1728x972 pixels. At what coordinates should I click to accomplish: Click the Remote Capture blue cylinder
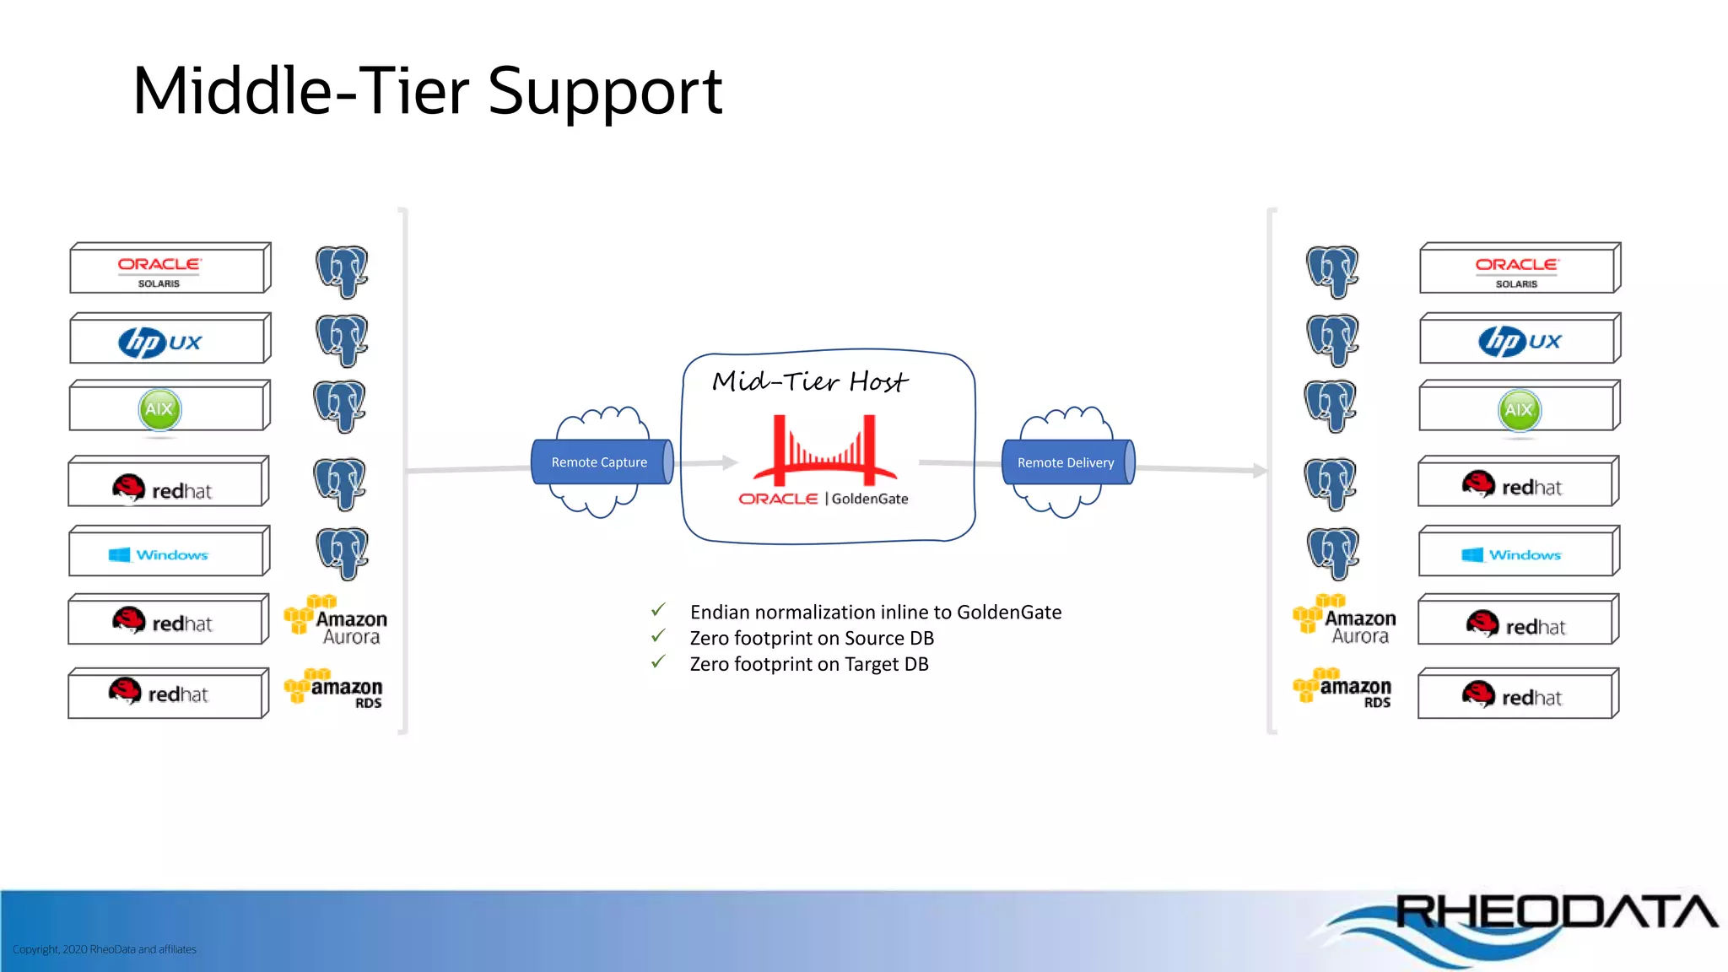click(601, 462)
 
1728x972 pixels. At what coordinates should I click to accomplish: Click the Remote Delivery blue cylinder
click(1066, 462)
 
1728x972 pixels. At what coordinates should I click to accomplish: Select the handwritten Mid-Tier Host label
click(809, 382)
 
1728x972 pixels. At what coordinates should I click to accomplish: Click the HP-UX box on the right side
click(1519, 340)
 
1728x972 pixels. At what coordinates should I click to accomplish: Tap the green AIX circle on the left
click(159, 410)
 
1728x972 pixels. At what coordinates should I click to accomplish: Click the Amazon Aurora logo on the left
click(336, 621)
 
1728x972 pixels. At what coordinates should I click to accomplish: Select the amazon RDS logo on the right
click(1343, 688)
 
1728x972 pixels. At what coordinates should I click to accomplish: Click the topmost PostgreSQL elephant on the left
click(342, 272)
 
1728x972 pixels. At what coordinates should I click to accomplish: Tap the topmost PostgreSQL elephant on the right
click(1331, 272)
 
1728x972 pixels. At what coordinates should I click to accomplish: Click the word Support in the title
click(604, 91)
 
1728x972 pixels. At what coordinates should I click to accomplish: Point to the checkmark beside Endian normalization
click(659, 610)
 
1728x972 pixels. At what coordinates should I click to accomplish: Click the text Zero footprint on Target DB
click(808, 664)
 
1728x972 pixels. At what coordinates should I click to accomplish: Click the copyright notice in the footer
click(105, 949)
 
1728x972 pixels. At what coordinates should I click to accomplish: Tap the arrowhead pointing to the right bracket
click(1260, 470)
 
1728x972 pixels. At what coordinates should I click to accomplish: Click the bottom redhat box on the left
click(168, 694)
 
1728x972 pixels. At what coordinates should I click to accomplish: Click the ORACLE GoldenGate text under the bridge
click(823, 499)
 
